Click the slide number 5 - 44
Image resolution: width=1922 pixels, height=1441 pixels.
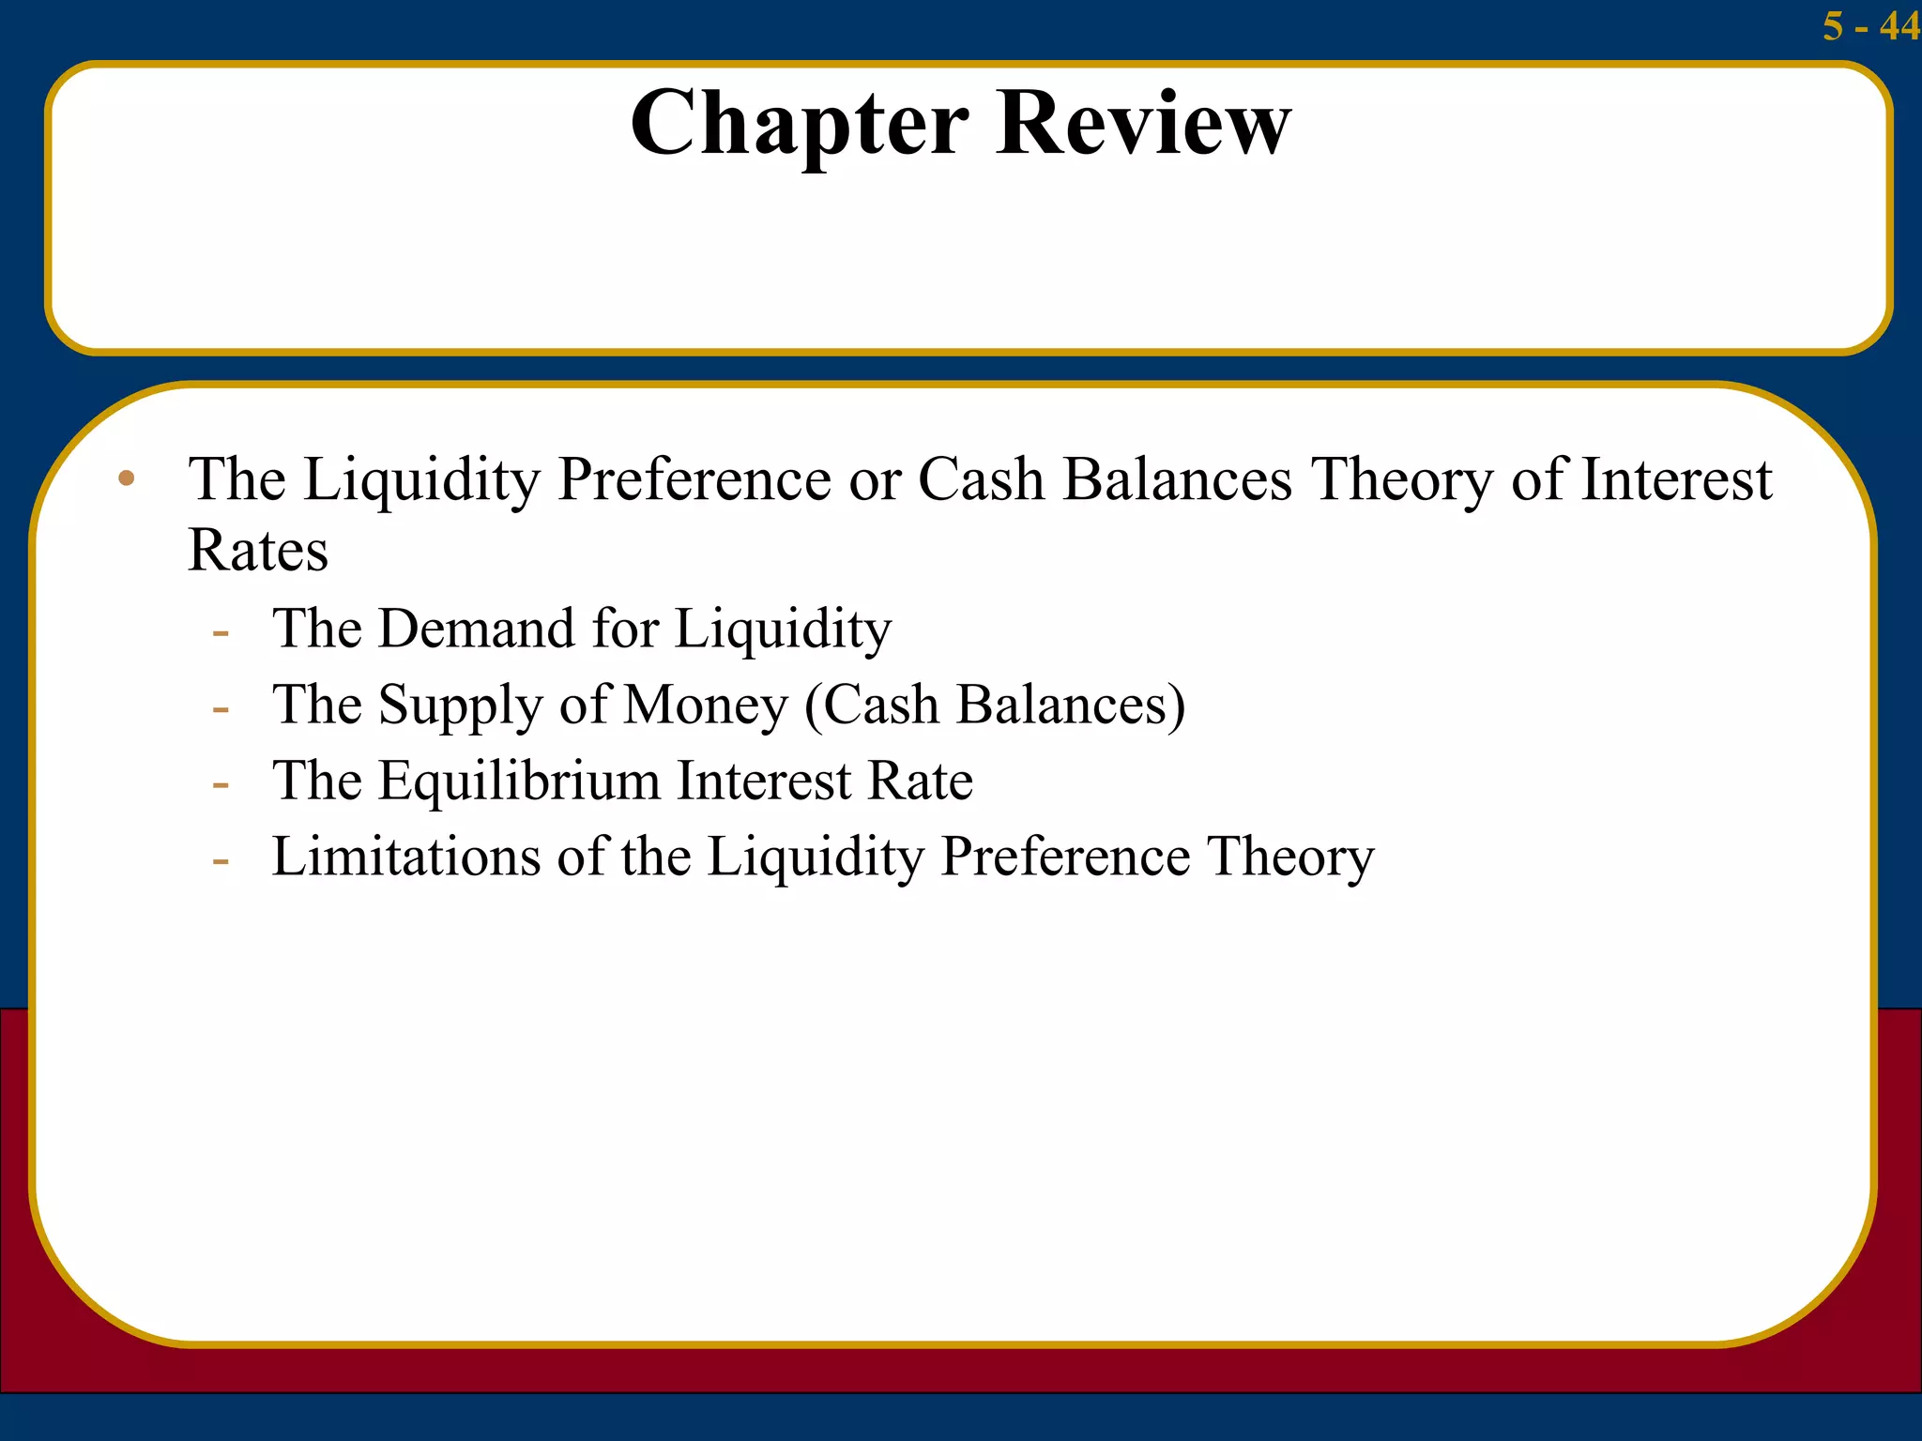tap(1870, 26)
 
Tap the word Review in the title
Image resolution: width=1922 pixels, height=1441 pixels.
tap(1144, 123)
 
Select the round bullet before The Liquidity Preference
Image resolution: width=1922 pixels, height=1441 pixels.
tap(127, 479)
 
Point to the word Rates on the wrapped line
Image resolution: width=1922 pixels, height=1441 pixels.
tap(258, 550)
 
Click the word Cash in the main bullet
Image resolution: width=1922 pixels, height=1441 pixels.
tap(981, 479)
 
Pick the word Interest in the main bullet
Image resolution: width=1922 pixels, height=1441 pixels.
tap(1677, 479)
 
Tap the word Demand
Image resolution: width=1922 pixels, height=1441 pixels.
tap(476, 628)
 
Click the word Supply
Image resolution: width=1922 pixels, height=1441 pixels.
tap(460, 705)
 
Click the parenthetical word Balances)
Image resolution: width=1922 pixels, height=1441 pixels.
tap(1071, 705)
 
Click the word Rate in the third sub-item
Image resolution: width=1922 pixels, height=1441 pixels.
tap(921, 781)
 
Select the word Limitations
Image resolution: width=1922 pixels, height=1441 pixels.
tap(406, 857)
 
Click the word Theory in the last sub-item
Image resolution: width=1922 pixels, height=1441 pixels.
tap(1290, 857)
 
